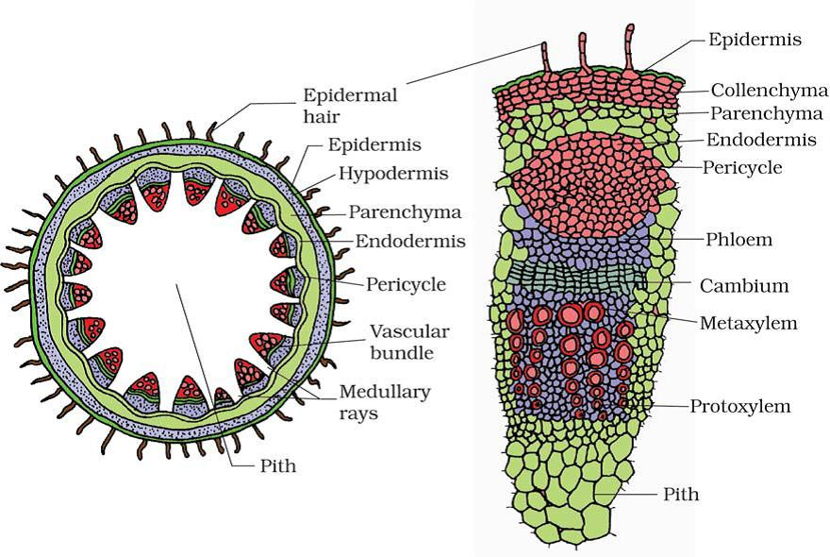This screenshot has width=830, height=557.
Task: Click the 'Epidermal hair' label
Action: (350, 105)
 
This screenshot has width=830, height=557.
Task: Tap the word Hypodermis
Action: (393, 174)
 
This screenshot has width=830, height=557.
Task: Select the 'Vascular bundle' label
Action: (409, 342)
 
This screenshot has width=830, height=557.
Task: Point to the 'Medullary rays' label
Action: (384, 402)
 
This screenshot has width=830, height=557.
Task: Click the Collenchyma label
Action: (769, 90)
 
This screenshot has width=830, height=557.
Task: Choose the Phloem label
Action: (739, 239)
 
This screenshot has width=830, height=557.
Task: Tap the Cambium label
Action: (744, 286)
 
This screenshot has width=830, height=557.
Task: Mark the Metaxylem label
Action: (749, 323)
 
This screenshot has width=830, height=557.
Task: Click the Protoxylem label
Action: (740, 406)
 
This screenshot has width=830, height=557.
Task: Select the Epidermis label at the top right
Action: (755, 40)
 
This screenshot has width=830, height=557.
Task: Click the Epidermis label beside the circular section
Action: (374, 144)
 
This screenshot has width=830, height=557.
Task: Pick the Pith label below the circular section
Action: (278, 465)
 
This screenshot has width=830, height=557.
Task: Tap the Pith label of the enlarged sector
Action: (681, 494)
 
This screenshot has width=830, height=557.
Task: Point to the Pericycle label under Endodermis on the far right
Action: (741, 167)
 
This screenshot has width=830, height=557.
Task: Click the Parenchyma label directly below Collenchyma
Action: (767, 113)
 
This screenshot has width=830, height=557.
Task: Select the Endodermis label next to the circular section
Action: (410, 241)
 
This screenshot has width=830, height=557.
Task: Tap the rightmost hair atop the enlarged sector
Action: (629, 48)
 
